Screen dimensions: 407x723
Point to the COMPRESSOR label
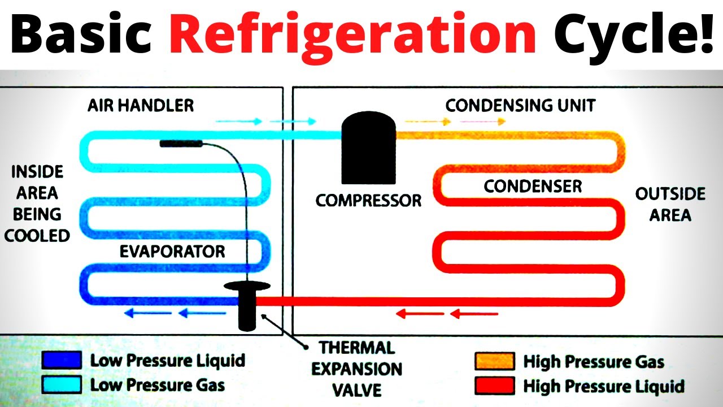pyautogui.click(x=368, y=201)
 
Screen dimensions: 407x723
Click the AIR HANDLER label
pyautogui.click(x=141, y=105)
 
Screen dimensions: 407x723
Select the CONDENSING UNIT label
pyautogui.click(x=520, y=106)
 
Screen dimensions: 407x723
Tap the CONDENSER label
pyautogui.click(x=533, y=186)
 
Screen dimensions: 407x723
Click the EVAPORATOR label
pyautogui.click(x=172, y=252)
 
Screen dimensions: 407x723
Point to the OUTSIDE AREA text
pyautogui.click(x=670, y=204)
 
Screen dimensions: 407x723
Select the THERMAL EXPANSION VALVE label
pyautogui.click(x=357, y=369)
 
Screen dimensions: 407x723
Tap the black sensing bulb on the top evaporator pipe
pyautogui.click(x=181, y=144)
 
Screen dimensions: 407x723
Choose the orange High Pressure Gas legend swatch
pyautogui.click(x=495, y=361)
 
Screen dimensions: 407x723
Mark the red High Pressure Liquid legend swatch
pyautogui.click(x=495, y=386)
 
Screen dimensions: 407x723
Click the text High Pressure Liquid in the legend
pyautogui.click(x=603, y=387)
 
